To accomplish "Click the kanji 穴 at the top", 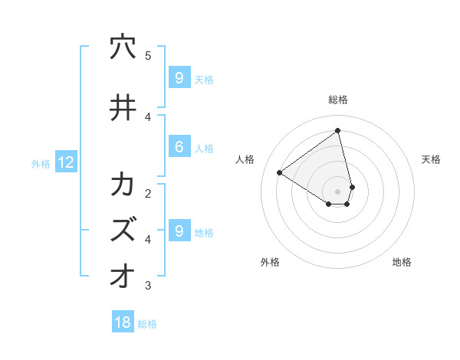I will coord(123,47).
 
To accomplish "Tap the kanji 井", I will coord(123,108).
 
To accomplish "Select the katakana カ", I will coord(123,185).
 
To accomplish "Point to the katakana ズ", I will coord(123,230).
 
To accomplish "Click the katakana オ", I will coord(123,276).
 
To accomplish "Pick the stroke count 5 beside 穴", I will coord(148,56).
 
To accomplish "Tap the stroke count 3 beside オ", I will coord(148,286).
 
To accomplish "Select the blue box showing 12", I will coord(66,162).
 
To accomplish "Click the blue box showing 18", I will coord(123,322).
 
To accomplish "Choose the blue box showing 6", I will coord(179,147).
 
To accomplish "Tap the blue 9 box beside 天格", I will coord(179,77).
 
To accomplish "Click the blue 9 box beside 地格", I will coord(179,231).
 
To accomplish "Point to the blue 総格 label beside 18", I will coord(147,324).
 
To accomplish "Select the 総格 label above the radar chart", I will coord(338,100).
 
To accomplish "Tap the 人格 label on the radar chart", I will coord(245,159).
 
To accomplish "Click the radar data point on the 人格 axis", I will coord(279,172).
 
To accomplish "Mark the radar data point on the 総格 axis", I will coord(338,131).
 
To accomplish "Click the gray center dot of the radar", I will coord(338,191).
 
